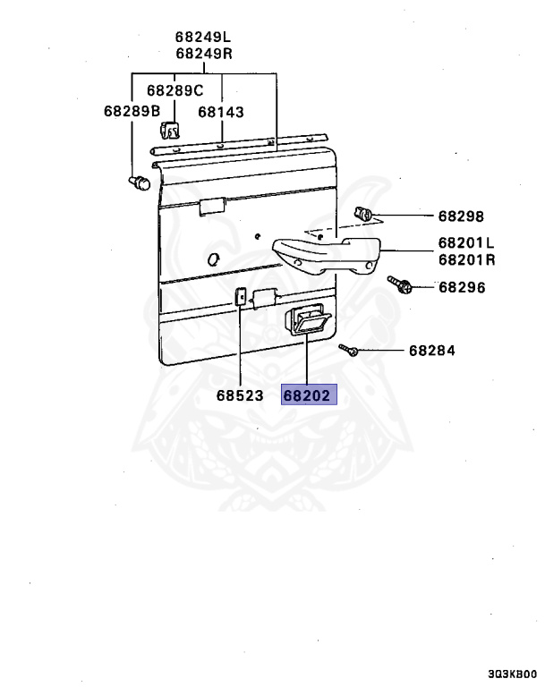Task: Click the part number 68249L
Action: point(203,38)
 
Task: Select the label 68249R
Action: point(203,54)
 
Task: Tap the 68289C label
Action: point(175,90)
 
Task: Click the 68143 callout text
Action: point(221,113)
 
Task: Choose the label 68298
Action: point(460,216)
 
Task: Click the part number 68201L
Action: point(466,243)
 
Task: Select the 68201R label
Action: point(466,260)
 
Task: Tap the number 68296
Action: point(461,288)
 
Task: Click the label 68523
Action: point(239,394)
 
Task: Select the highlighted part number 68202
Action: point(307,394)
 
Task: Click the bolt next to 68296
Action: point(399,285)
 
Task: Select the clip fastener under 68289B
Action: point(138,184)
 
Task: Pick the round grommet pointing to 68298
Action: point(364,215)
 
